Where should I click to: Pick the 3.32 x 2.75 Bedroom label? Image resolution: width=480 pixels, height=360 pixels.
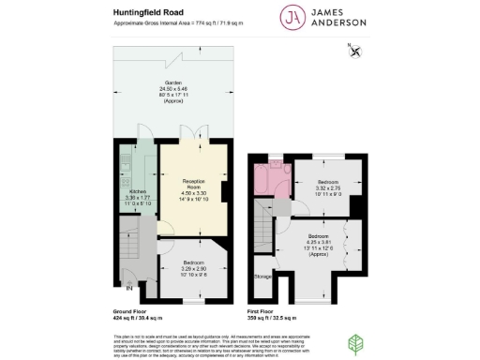[327, 185]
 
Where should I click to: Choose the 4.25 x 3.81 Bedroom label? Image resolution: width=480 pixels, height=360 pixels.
[318, 242]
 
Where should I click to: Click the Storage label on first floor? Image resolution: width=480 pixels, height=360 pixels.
[263, 277]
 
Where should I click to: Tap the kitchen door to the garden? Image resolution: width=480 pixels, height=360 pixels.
[142, 137]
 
